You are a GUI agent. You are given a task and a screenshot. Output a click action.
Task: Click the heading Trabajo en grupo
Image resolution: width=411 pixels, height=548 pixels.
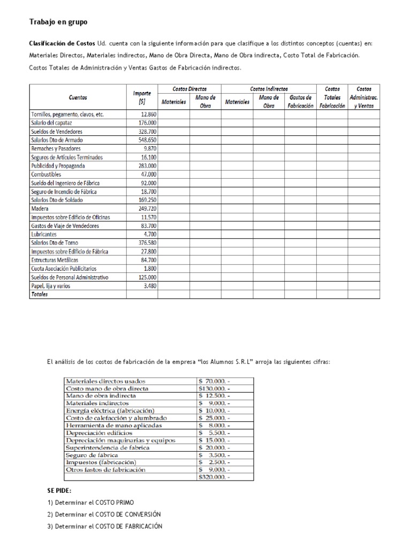pyautogui.click(x=57, y=22)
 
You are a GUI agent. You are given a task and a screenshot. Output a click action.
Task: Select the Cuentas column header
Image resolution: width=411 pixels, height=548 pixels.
pyautogui.click(x=78, y=97)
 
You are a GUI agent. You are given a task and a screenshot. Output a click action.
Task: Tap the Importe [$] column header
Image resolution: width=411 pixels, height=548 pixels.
pyautogui.click(x=142, y=97)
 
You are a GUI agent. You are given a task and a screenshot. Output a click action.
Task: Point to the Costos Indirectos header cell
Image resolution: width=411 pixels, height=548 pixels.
pyautogui.click(x=269, y=89)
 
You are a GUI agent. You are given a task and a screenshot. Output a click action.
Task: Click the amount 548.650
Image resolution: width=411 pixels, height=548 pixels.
pyautogui.click(x=146, y=140)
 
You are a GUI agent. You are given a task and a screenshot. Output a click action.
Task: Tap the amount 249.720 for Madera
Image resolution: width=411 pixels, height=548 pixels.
pyautogui.click(x=146, y=209)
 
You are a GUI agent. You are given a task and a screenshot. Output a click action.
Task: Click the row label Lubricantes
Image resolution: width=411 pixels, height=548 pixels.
pyautogui.click(x=45, y=234)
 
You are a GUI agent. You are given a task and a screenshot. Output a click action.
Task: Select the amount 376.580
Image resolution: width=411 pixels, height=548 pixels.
pyautogui.click(x=146, y=243)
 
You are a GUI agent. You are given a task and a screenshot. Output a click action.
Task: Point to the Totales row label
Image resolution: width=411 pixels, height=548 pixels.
pyautogui.click(x=40, y=294)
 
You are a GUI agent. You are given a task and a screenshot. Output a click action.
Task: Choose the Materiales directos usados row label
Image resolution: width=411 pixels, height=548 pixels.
pyautogui.click(x=105, y=381)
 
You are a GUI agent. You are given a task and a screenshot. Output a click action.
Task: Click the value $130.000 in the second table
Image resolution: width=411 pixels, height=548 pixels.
pyautogui.click(x=213, y=389)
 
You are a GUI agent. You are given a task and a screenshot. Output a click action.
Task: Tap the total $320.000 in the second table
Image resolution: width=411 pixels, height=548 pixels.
pyautogui.click(x=213, y=477)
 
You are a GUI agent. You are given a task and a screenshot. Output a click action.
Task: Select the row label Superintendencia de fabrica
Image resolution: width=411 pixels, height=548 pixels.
pyautogui.click(x=108, y=447)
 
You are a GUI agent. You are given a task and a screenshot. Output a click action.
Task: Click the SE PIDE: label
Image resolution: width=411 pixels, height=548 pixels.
pyautogui.click(x=59, y=491)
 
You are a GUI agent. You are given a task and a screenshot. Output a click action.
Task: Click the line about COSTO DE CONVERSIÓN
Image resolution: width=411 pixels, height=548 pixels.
pyautogui.click(x=104, y=514)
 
